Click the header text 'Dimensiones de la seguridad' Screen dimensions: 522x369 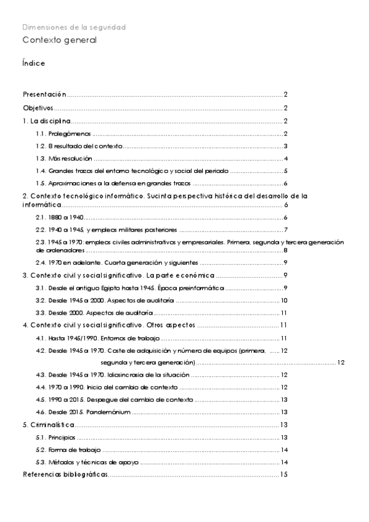coord(74,28)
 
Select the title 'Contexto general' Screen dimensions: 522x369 coord(60,40)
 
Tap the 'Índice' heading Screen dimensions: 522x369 coord(33,63)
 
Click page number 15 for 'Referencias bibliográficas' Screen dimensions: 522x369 coord(284,475)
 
